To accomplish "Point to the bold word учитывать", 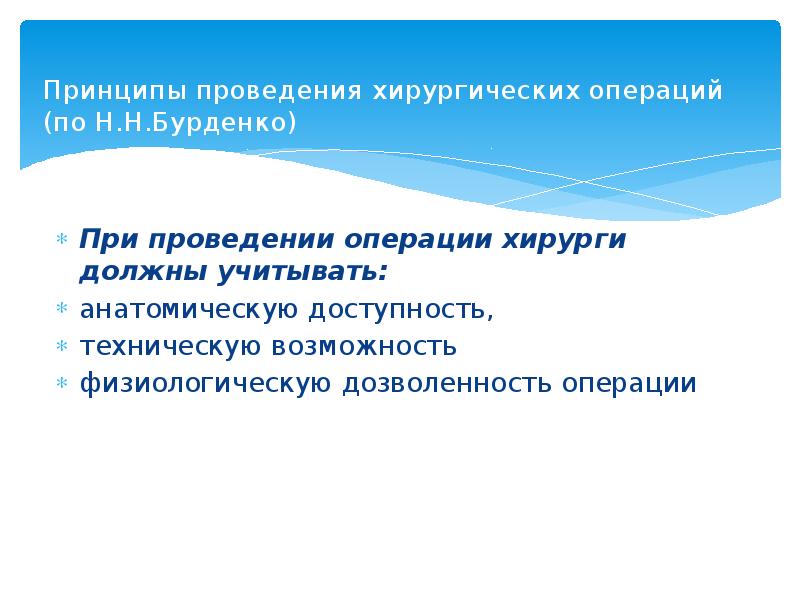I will tap(296, 271).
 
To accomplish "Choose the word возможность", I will tap(364, 346).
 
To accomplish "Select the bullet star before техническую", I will tap(61, 346).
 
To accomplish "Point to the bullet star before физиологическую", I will tap(61, 383).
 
